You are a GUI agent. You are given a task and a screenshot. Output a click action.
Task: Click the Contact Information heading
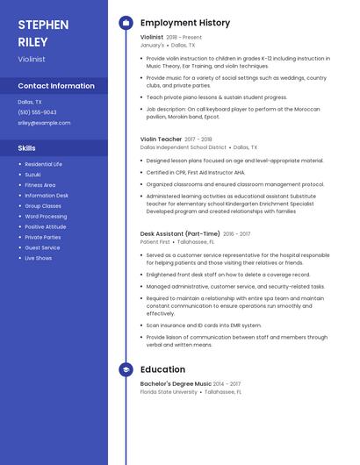pos(56,86)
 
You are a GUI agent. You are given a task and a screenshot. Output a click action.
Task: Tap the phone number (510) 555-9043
pos(37,112)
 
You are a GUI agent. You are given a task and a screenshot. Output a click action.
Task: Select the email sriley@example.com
pos(43,123)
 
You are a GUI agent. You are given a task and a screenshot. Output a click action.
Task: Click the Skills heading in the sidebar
pos(27,148)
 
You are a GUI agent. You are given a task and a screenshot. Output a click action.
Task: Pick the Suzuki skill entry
pos(32,175)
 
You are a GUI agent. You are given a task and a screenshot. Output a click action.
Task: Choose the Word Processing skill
pos(46,216)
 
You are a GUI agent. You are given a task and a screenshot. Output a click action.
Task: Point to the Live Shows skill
pos(38,258)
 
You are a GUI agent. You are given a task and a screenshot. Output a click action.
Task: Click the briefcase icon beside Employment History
pos(126,23)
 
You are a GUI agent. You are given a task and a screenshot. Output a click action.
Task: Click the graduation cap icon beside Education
pos(126,370)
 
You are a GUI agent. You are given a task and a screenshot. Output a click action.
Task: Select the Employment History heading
pos(185,23)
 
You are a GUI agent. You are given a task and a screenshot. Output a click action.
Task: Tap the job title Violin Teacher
pos(161,139)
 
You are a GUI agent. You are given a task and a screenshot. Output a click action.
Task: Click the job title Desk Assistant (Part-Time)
pos(180,234)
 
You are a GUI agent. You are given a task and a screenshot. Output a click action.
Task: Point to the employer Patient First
pos(155,241)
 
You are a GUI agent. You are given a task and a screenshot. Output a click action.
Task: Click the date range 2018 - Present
pos(184,38)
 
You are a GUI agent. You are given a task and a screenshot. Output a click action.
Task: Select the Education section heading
pos(162,370)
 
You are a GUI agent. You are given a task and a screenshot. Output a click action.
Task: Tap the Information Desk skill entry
pos(47,196)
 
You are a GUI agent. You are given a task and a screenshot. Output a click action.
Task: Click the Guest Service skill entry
pos(42,247)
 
